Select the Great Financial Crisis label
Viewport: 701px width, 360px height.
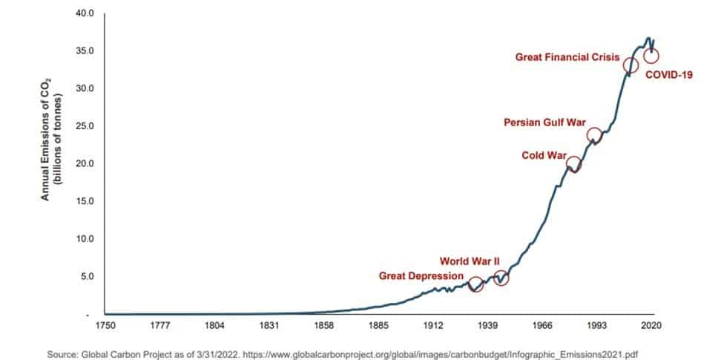(x=567, y=56)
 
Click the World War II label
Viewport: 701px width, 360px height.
(x=470, y=261)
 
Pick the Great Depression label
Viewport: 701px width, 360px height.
(x=421, y=276)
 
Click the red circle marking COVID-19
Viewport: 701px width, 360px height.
(x=651, y=56)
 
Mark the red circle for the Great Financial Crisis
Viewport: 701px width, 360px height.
(x=631, y=65)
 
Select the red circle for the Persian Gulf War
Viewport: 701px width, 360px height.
(x=594, y=135)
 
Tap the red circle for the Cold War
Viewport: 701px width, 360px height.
(x=573, y=164)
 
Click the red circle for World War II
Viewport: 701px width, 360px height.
(x=501, y=278)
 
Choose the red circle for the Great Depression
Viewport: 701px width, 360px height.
(x=476, y=284)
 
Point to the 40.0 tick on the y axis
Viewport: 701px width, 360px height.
(x=85, y=13)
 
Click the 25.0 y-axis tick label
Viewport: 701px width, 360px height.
(x=85, y=126)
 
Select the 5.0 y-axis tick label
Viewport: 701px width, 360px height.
(x=88, y=277)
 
